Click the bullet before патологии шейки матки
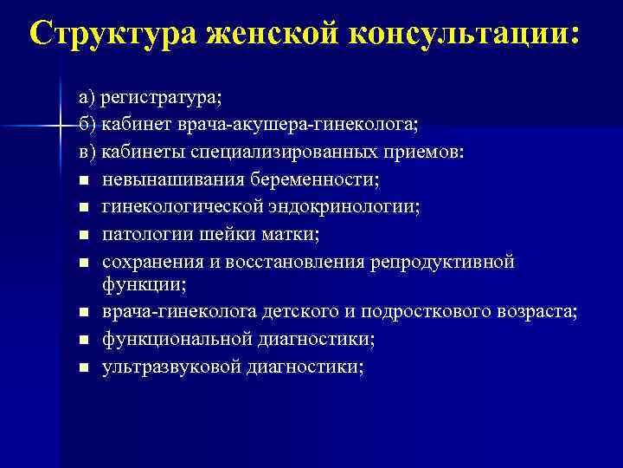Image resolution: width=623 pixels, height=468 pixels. click(x=81, y=235)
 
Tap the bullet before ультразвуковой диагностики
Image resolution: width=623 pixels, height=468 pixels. click(x=81, y=367)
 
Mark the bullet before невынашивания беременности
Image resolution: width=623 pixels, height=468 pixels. click(x=81, y=180)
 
